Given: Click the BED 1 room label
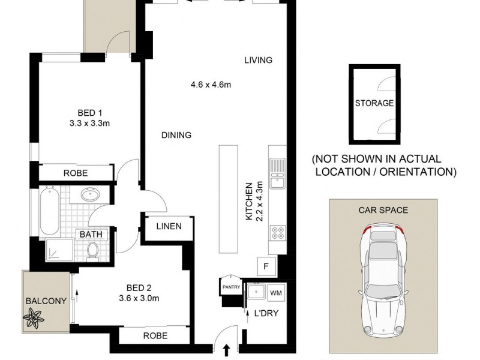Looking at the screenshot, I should click(90, 112).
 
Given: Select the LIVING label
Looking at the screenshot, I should click(258, 60).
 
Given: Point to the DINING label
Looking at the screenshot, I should click(176, 135).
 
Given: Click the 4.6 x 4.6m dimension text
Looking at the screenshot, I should click(207, 85).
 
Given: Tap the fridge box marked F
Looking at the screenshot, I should click(265, 265).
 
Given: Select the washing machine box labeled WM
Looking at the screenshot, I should click(276, 293).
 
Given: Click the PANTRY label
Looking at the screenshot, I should click(231, 287).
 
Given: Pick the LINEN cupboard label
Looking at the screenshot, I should click(169, 226).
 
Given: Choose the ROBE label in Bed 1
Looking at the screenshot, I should click(76, 173).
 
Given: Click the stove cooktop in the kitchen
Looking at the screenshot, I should click(278, 232).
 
